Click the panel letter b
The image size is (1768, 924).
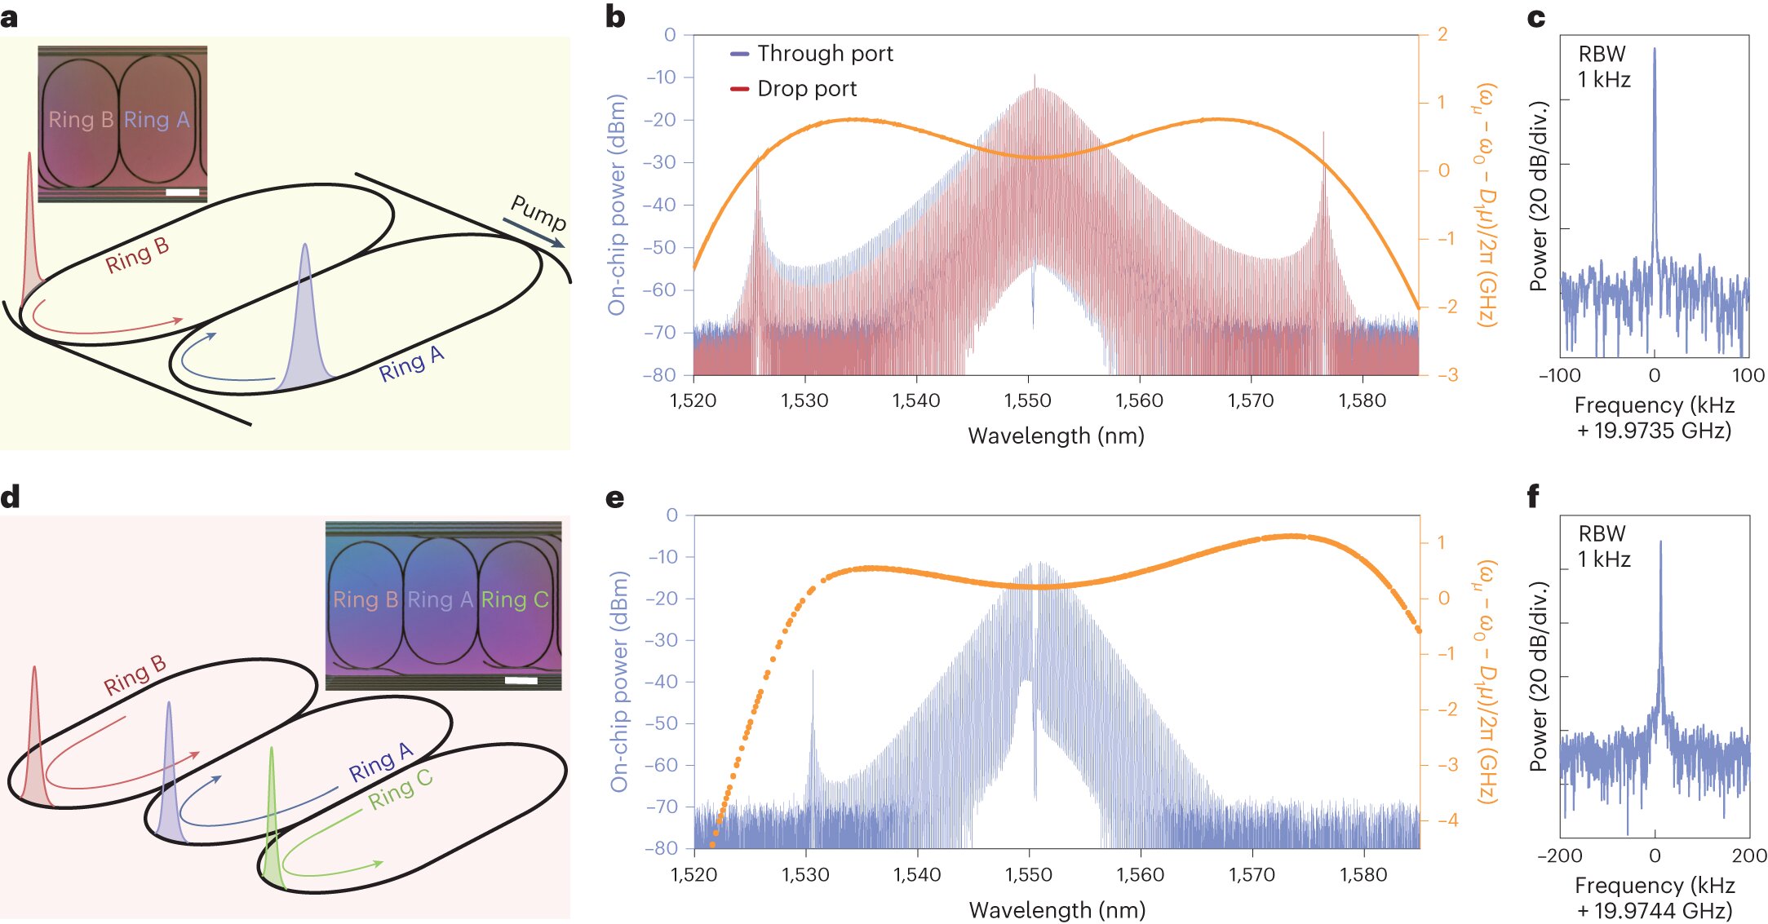tap(615, 17)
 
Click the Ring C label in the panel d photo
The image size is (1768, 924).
tap(514, 599)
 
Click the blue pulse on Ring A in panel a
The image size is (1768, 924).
tap(305, 318)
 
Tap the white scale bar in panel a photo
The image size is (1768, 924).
tap(182, 192)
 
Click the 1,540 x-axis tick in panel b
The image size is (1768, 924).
tap(915, 400)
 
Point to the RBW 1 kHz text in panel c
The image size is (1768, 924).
tap(1603, 67)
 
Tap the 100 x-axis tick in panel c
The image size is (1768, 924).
tap(1748, 375)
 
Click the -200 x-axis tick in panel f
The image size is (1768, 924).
tap(1559, 855)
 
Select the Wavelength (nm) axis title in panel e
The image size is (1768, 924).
tap(1057, 909)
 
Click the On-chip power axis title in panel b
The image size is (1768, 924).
tap(617, 204)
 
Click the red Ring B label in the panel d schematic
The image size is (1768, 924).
tap(135, 676)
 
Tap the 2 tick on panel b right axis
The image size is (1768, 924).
tap(1442, 34)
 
